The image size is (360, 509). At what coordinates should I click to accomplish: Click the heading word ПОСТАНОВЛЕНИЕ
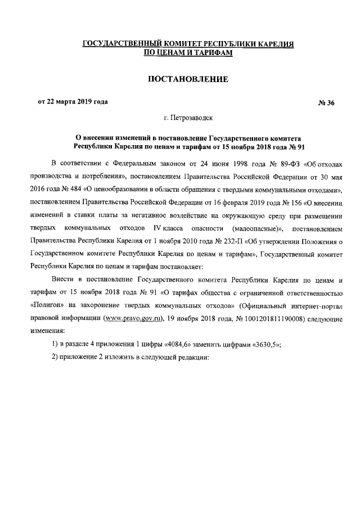(187, 79)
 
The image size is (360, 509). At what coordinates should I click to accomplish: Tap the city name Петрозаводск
(192, 119)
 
